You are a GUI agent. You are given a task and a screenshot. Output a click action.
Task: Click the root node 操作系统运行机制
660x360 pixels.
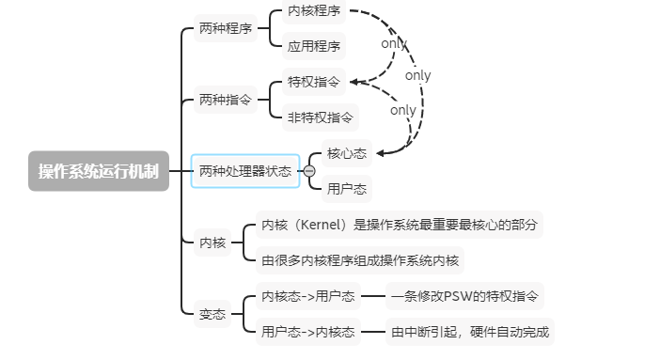click(x=98, y=171)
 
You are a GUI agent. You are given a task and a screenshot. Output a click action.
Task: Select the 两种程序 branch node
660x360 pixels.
click(x=226, y=29)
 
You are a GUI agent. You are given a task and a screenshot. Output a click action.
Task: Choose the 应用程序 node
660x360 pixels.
click(x=314, y=45)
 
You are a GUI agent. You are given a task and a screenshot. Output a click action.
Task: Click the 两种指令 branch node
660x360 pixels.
click(x=226, y=99)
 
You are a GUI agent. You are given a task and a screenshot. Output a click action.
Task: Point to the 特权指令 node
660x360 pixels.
click(x=314, y=82)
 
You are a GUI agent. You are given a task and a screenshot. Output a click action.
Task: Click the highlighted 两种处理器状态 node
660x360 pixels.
click(x=244, y=171)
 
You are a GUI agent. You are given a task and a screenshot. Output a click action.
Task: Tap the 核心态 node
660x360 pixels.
click(x=346, y=153)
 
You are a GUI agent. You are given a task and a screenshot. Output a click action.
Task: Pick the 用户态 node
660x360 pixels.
click(x=346, y=188)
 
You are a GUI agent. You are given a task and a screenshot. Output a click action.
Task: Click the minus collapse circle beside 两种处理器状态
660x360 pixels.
click(x=308, y=171)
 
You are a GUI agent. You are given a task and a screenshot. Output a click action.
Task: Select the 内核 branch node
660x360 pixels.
click(x=212, y=243)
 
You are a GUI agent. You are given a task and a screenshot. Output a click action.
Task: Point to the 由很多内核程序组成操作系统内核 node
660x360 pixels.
click(x=361, y=259)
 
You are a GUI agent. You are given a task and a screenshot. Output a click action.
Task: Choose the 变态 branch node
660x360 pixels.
click(x=212, y=314)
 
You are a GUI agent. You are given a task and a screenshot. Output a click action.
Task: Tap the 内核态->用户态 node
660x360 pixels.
click(x=307, y=296)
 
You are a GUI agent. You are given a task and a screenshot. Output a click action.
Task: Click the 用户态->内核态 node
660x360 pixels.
click(x=307, y=331)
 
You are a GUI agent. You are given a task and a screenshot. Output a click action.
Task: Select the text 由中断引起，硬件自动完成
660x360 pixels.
click(x=471, y=331)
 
